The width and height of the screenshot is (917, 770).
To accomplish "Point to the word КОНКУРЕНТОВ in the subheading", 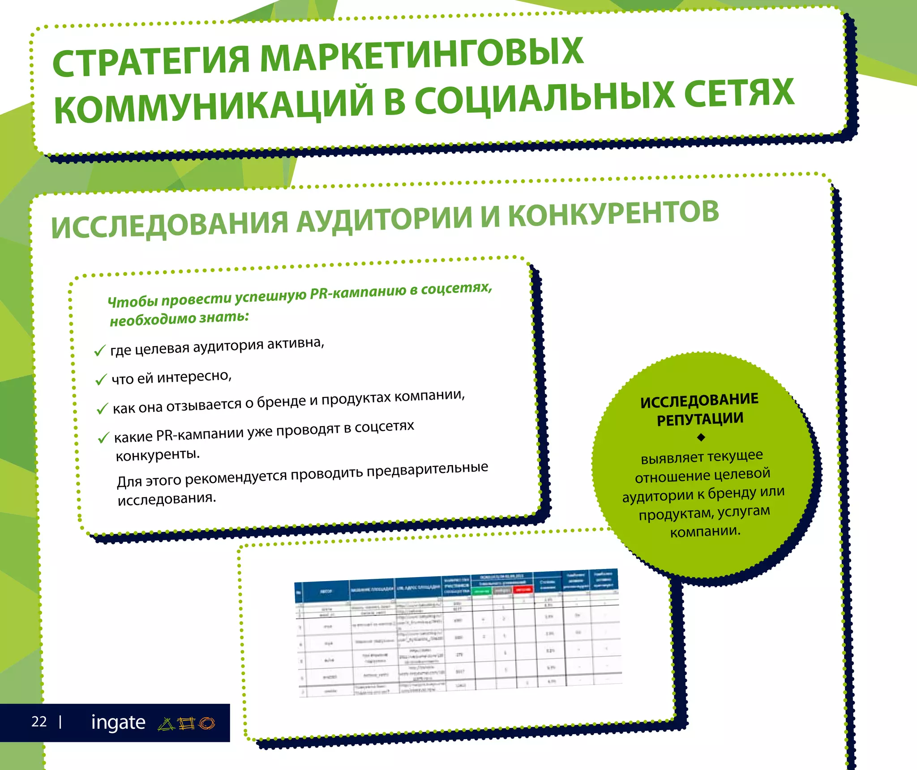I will (613, 214).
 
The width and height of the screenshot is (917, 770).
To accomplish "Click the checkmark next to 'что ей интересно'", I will (101, 380).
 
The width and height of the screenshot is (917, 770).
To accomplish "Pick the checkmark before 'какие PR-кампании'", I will (103, 437).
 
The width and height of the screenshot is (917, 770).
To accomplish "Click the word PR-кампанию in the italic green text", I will (358, 293).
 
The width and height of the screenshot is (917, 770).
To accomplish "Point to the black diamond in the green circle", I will (701, 437).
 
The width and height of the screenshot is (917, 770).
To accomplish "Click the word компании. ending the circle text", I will (705, 531).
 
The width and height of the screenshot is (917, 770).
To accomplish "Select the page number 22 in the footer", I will (39, 721).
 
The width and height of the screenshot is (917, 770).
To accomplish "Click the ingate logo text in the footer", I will (118, 722).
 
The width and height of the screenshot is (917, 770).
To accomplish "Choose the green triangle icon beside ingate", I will (166, 723).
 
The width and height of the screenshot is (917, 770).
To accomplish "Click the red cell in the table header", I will (523, 589).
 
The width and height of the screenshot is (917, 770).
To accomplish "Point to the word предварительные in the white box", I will (427, 470).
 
